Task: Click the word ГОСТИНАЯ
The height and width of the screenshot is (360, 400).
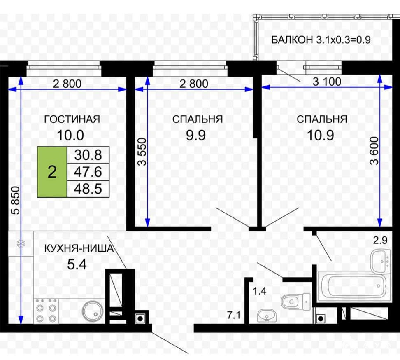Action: tap(72, 119)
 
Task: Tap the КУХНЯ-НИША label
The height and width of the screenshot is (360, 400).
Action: tap(79, 248)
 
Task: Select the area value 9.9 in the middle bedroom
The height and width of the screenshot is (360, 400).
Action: tap(195, 136)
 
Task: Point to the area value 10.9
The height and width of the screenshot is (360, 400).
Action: tap(320, 136)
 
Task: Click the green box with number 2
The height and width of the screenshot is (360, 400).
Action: tap(52, 172)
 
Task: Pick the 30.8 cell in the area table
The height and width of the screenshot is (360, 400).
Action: tap(88, 155)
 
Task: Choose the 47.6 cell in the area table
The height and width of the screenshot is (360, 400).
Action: tap(88, 172)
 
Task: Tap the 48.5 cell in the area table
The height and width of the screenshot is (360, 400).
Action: tap(88, 189)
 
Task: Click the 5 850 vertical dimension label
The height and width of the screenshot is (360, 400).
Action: tap(16, 201)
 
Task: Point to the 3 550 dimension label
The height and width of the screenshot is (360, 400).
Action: tap(142, 152)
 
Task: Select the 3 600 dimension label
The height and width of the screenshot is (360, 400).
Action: tap(374, 151)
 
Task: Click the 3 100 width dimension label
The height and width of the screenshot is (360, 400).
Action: tap(327, 82)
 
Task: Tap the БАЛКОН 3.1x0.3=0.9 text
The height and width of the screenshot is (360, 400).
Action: tap(321, 40)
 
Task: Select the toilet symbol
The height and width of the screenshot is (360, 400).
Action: tap(295, 302)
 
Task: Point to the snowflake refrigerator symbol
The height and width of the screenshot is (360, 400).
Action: tap(20, 243)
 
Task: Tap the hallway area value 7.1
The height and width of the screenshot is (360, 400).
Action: tap(234, 316)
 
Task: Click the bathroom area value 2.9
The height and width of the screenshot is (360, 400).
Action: tap(380, 240)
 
